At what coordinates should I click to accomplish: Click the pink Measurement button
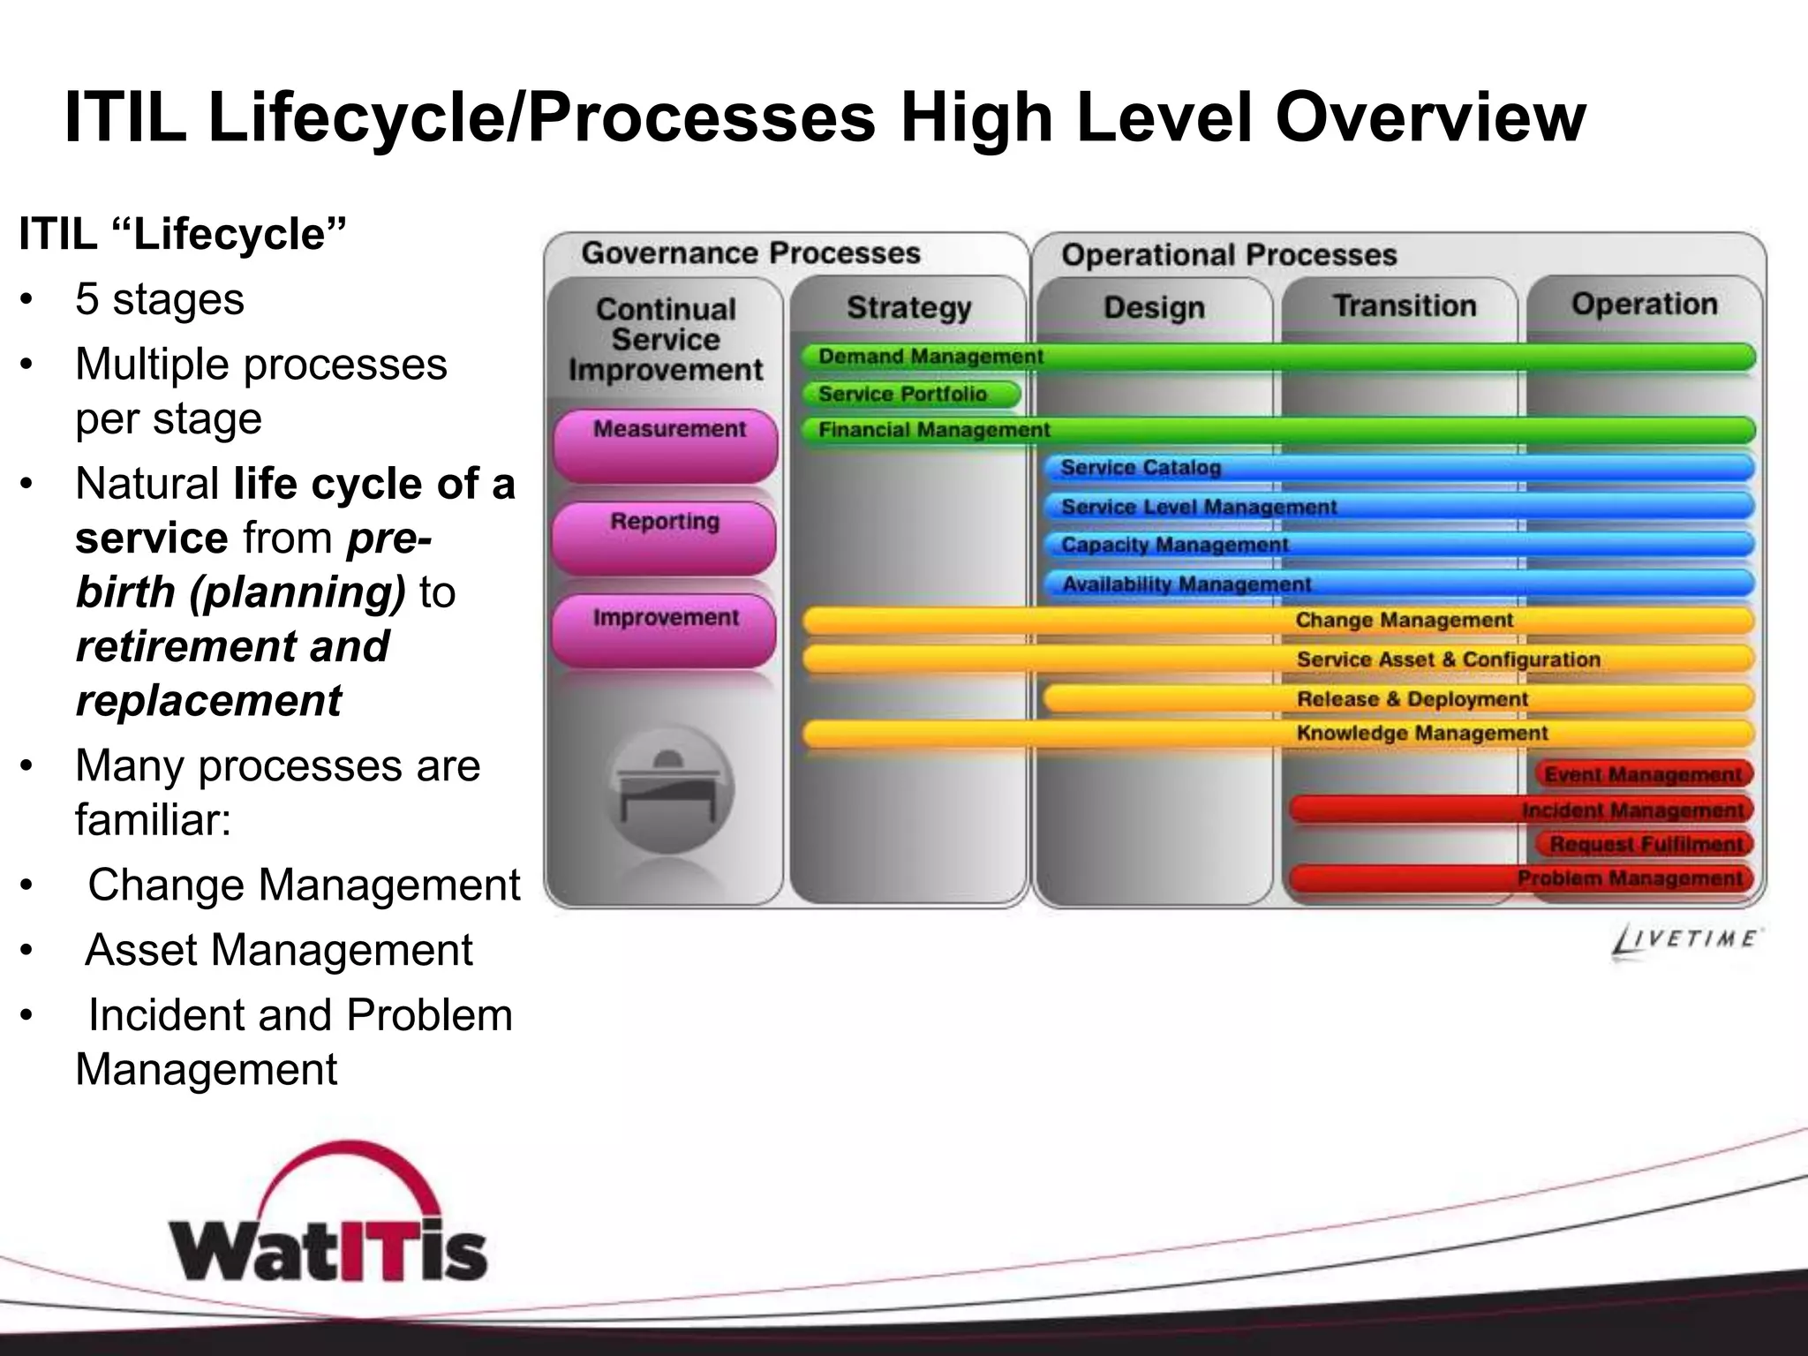tap(666, 443)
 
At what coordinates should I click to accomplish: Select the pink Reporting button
tap(665, 537)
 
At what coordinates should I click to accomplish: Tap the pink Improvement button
tap(665, 630)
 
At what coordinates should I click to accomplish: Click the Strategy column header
tap(908, 307)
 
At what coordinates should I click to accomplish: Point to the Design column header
tap(1154, 307)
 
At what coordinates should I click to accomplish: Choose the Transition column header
tap(1405, 305)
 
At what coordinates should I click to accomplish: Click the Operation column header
tap(1645, 304)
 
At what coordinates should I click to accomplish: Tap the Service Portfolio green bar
tap(910, 394)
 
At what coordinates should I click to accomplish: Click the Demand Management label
tap(930, 357)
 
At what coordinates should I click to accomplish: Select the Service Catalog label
tap(1141, 468)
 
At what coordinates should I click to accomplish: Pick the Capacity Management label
tap(1175, 545)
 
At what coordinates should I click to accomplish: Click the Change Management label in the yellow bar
tap(1405, 621)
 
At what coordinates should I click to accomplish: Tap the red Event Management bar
tap(1643, 774)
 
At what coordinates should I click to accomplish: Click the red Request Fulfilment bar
tap(1646, 845)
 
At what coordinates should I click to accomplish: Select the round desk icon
tap(668, 788)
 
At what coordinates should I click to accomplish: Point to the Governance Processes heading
tap(750, 253)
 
